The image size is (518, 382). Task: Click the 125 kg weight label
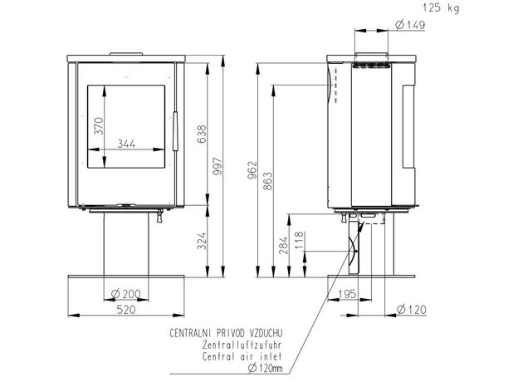pyautogui.click(x=441, y=7)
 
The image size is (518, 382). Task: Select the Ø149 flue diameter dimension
pyautogui.click(x=410, y=25)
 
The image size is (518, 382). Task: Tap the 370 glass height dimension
pyautogui.click(x=99, y=125)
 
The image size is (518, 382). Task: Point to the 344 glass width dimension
pyautogui.click(x=126, y=144)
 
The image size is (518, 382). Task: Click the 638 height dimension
pyautogui.click(x=201, y=134)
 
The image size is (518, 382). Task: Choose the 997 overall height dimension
pyautogui.click(x=217, y=166)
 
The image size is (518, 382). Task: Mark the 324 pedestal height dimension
pyautogui.click(x=201, y=241)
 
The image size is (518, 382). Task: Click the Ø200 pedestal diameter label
pyautogui.click(x=126, y=293)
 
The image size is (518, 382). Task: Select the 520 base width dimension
pyautogui.click(x=126, y=310)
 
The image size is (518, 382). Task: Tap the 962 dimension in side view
pyautogui.click(x=252, y=170)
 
